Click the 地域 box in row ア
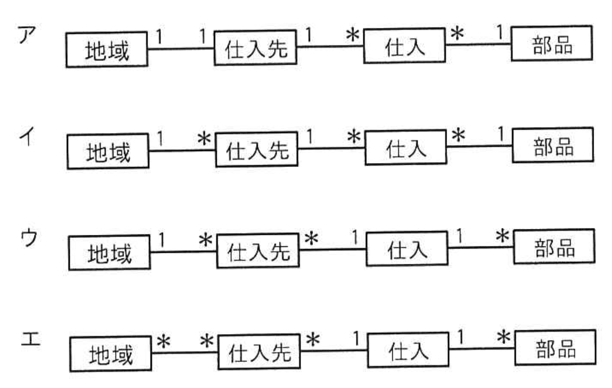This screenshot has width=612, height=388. coord(107,50)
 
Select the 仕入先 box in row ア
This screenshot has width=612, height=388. coord(256,48)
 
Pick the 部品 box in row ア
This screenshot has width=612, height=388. coord(551,44)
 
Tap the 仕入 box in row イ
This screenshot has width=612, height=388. coord(406,148)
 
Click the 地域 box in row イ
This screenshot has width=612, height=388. coord(108,152)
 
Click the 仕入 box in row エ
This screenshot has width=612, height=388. coord(408,351)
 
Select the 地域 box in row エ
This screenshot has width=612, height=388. coord(110,355)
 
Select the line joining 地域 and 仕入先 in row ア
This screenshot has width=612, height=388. coord(181,49)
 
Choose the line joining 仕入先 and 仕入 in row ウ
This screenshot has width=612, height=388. coord(332,249)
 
